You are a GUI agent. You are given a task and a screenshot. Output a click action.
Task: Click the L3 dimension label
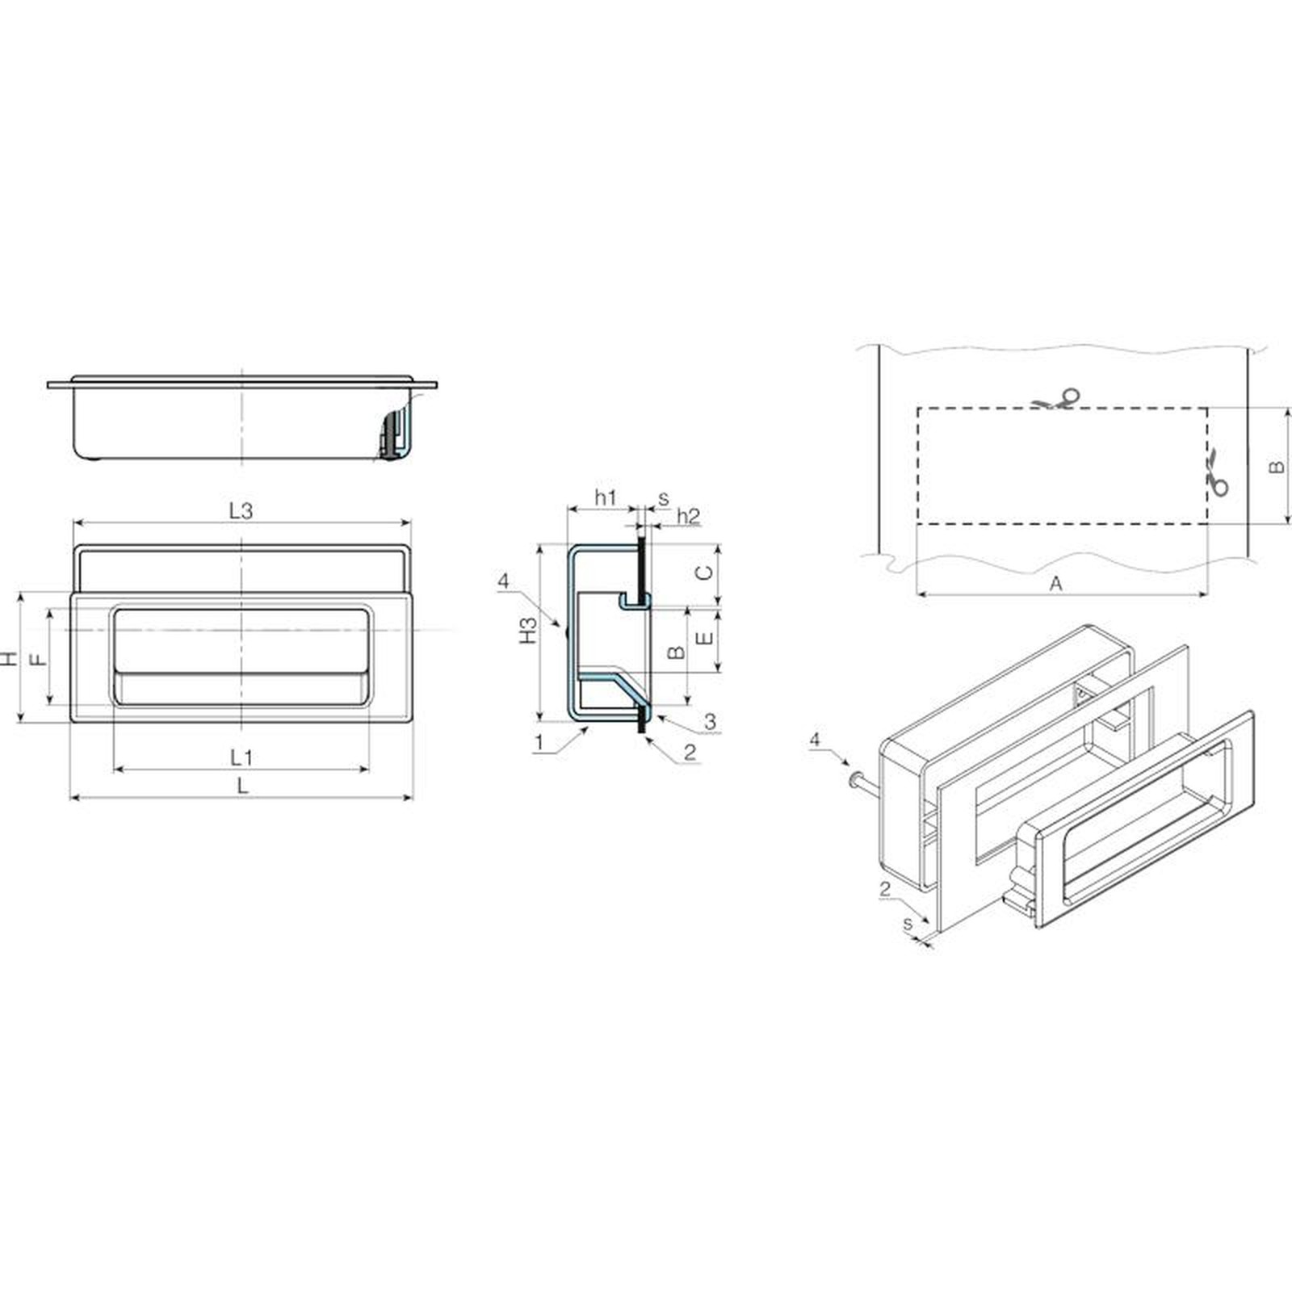(241, 510)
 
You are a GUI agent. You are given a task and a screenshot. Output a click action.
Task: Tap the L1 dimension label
(241, 757)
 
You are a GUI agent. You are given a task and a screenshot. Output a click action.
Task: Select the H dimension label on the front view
(9, 658)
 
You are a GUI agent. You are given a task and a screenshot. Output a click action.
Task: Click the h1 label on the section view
(606, 497)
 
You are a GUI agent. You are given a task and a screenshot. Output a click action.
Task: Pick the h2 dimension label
(688, 515)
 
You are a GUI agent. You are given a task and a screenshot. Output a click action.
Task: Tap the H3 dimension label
(528, 630)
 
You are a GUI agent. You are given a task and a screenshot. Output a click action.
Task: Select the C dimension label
(705, 572)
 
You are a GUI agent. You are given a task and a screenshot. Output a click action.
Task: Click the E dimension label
(705, 638)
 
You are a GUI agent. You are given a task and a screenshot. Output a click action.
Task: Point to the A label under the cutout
(1055, 583)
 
